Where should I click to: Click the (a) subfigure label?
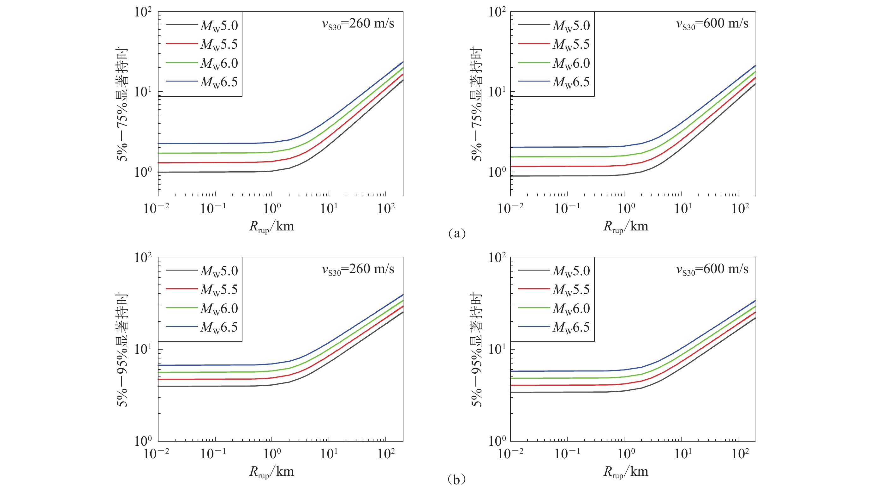pyautogui.click(x=456, y=233)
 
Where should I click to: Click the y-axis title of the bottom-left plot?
pyautogui.click(x=122, y=349)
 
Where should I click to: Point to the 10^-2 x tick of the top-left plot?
pyautogui.click(x=156, y=208)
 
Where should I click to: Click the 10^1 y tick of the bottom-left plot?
pyautogui.click(x=143, y=349)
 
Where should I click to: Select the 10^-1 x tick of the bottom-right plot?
pyautogui.click(x=567, y=454)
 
